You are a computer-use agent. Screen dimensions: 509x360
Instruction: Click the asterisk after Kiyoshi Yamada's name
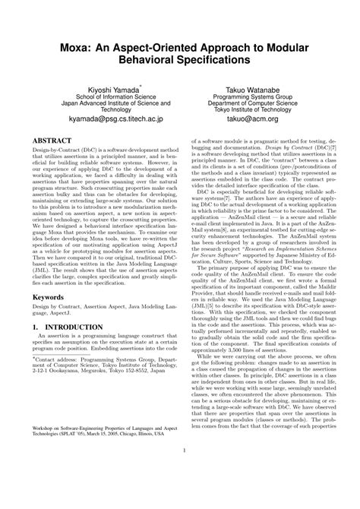130,87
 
